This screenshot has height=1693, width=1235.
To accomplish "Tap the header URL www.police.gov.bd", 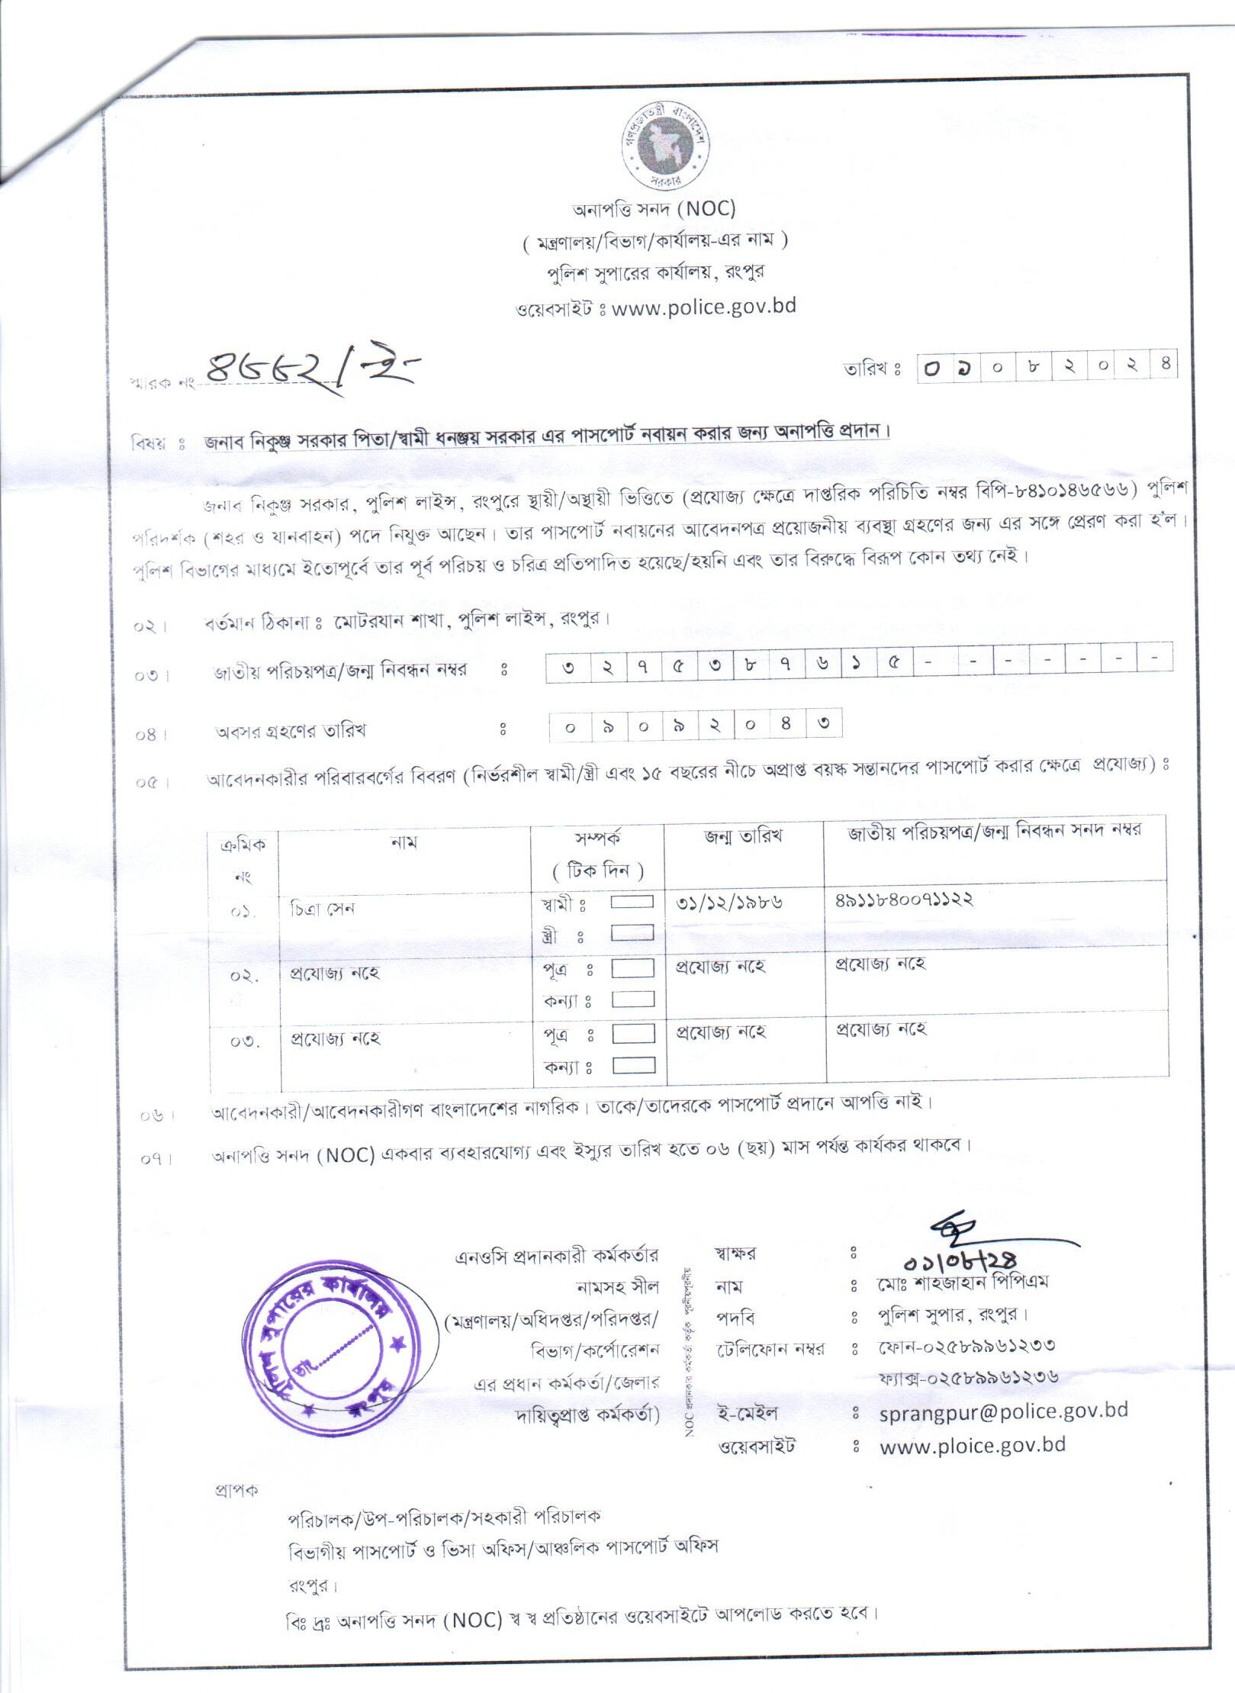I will tap(705, 306).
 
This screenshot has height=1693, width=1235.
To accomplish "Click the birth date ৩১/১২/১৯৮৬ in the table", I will tap(729, 902).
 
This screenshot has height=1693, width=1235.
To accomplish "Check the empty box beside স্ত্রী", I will tap(633, 932).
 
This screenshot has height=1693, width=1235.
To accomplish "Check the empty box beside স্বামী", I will tap(633, 902).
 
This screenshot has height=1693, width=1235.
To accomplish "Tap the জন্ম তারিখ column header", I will tap(743, 837).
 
